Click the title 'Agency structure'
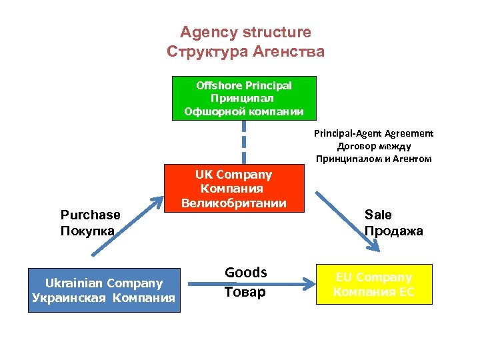(x=245, y=32)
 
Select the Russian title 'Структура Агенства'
(x=245, y=51)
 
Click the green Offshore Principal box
(x=243, y=99)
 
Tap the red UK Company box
(x=233, y=189)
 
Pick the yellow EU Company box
(x=373, y=284)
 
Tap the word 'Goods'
(x=246, y=273)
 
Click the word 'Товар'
(x=245, y=292)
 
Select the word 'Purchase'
(x=91, y=215)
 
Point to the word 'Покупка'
(x=87, y=231)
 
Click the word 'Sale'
(x=378, y=215)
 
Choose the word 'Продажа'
(x=393, y=231)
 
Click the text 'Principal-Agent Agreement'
(x=373, y=133)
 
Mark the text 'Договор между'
(x=373, y=146)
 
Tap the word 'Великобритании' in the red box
(x=233, y=203)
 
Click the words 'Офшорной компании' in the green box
(x=243, y=111)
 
